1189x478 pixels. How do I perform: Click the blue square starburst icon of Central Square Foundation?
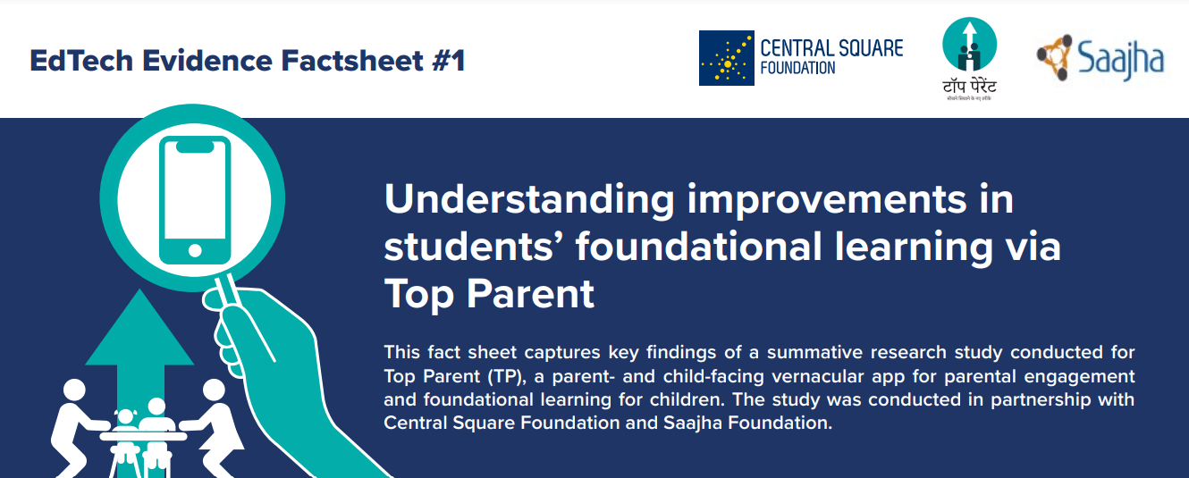(x=726, y=58)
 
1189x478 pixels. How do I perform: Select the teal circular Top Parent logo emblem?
(x=969, y=45)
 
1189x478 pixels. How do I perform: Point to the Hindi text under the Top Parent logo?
(x=969, y=88)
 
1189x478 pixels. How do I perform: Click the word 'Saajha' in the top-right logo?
(x=1120, y=59)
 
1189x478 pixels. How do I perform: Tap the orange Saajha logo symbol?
(x=1055, y=55)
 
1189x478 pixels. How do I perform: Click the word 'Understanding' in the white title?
(x=528, y=200)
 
